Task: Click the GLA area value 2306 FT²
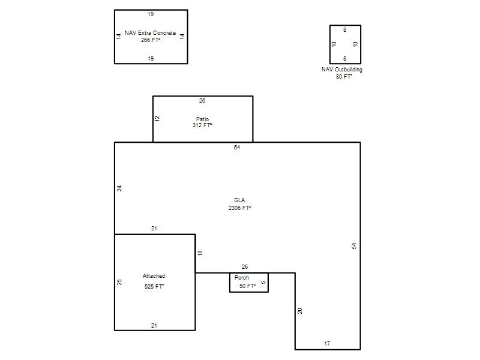click(239, 208)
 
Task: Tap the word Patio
click(203, 119)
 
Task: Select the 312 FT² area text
click(202, 125)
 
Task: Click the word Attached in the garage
click(154, 276)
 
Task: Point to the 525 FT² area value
click(154, 287)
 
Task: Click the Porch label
click(242, 278)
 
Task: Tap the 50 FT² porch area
click(247, 286)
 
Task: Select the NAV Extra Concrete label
click(151, 33)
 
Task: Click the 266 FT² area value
click(151, 40)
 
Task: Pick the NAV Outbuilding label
click(342, 70)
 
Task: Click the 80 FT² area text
click(344, 77)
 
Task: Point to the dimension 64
click(237, 148)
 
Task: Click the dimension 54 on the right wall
click(354, 246)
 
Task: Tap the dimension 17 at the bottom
click(327, 344)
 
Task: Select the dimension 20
click(300, 311)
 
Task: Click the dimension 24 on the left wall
click(119, 188)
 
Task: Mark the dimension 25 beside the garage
click(119, 282)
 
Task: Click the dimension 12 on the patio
click(157, 119)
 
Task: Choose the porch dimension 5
click(263, 283)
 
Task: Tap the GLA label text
click(239, 200)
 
